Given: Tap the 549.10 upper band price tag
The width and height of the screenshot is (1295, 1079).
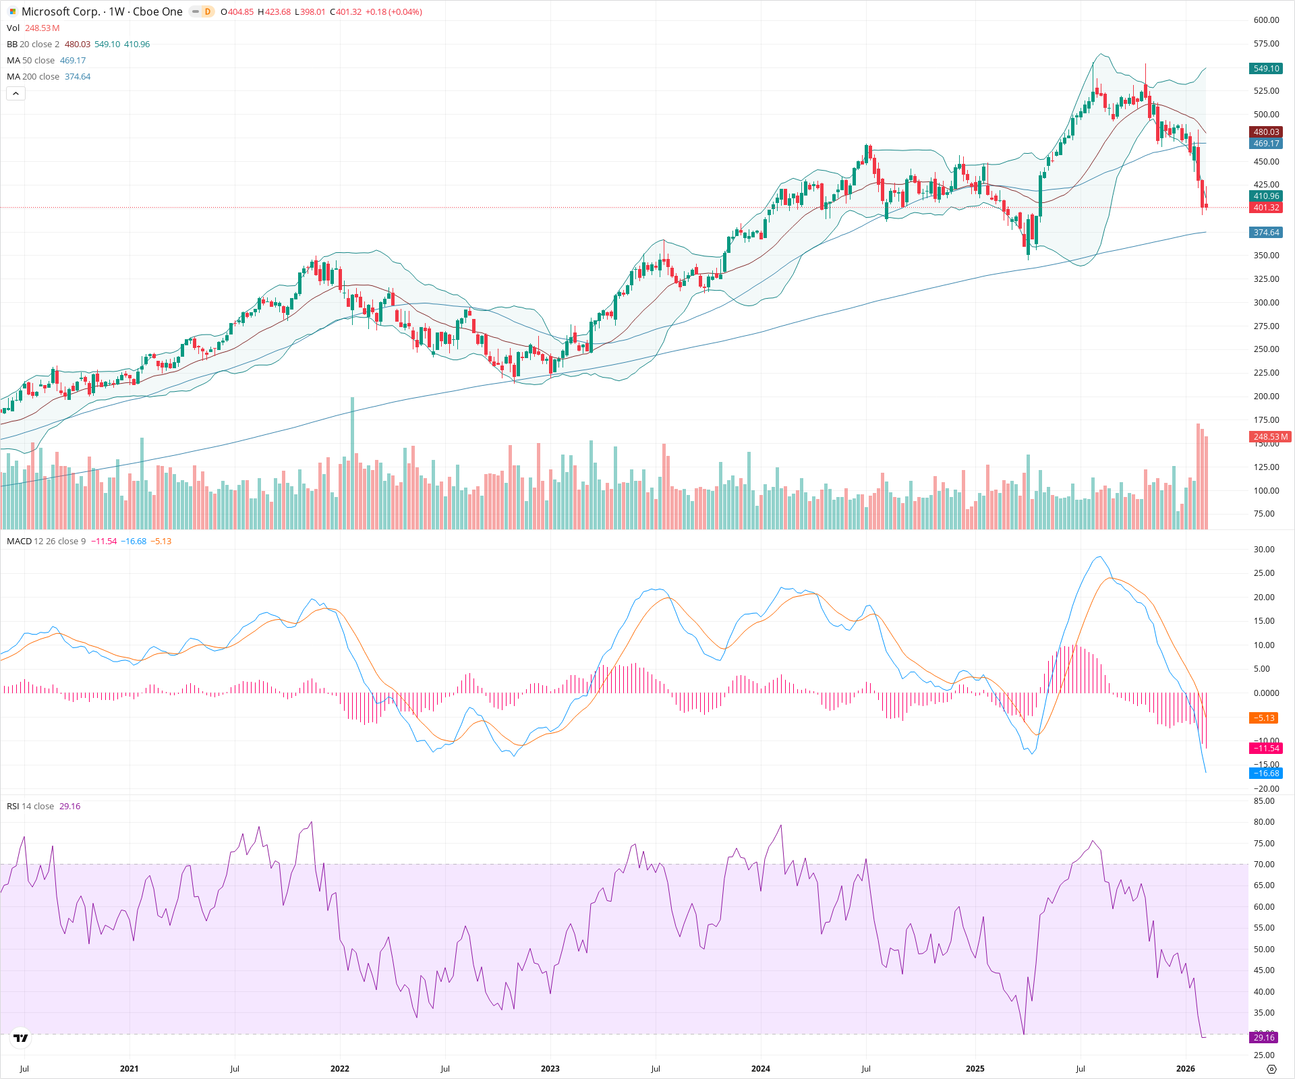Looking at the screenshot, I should [1266, 69].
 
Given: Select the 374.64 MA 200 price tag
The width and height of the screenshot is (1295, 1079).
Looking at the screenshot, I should [1266, 233].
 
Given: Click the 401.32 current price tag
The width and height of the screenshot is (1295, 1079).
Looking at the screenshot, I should [1266, 208].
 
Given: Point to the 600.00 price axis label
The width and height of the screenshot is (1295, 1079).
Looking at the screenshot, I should [1266, 20].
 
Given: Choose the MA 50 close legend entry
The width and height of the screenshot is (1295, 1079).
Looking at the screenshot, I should [31, 61].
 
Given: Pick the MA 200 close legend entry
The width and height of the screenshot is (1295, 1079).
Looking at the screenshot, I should [33, 77].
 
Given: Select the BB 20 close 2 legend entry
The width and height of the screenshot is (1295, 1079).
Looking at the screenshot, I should [33, 45].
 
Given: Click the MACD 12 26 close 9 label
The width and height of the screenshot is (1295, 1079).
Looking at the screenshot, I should [46, 542].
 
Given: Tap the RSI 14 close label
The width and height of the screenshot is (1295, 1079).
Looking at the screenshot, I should [30, 807].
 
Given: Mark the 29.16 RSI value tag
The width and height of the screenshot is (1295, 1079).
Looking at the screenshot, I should [1264, 1038].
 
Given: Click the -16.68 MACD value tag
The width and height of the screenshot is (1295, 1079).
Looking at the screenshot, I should [1266, 774].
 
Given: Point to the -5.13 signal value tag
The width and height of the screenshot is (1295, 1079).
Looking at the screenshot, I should [1263, 718].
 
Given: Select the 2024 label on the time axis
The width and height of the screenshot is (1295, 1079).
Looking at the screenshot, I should [761, 1069].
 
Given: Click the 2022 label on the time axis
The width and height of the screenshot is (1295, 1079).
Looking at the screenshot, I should [340, 1069].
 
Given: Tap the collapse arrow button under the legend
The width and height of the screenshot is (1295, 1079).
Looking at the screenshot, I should [16, 94].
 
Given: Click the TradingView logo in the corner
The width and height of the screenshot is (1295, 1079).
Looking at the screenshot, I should [21, 1038].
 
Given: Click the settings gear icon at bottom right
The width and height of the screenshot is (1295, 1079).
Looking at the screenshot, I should [1271, 1069].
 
